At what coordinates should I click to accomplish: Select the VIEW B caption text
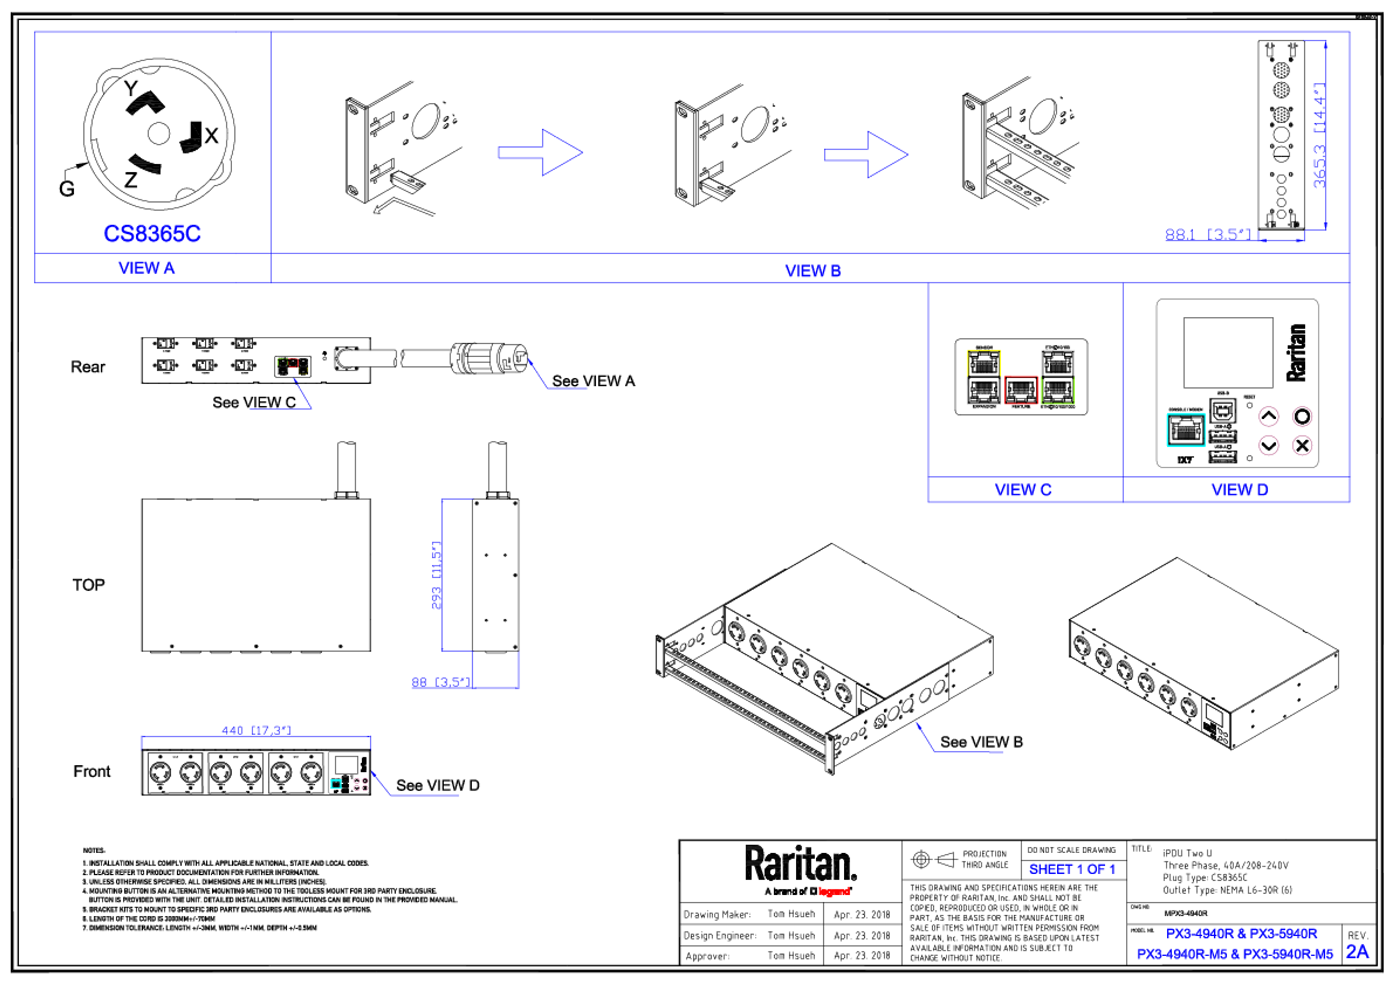812,271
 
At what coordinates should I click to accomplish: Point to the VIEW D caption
1239,489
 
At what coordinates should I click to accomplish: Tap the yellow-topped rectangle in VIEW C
983,376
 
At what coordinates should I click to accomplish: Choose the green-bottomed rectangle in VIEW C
1057,376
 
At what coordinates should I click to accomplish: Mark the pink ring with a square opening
1302,445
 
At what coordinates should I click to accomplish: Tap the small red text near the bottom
834,891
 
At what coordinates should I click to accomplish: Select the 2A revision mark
1357,951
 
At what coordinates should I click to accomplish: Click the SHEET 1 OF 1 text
1072,870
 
